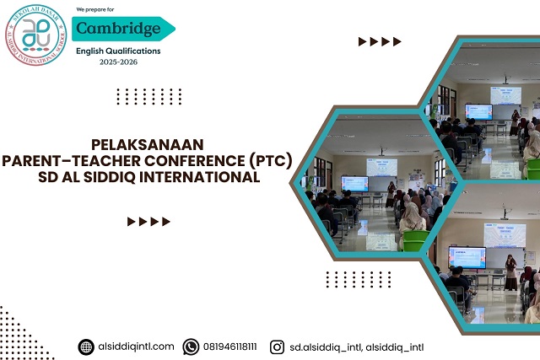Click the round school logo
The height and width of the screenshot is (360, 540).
pos(35,35)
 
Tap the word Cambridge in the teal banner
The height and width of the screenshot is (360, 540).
pos(118,29)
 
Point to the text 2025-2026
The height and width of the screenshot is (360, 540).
pos(118,62)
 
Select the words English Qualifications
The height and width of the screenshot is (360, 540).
pos(118,51)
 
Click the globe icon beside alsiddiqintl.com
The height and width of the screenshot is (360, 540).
pos(86,347)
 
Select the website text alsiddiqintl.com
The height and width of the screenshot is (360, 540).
pos(136,347)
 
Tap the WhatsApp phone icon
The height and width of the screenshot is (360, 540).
pos(192,347)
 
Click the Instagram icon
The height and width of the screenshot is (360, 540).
pos(277,347)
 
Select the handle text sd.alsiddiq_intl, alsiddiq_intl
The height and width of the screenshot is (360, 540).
pos(356,347)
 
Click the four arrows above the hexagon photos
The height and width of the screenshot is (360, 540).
pos(380,41)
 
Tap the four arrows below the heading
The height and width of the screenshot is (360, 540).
pos(148,222)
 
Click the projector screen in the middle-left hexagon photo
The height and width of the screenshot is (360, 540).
pos(354,183)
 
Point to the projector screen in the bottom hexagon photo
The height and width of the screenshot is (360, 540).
pos(467,256)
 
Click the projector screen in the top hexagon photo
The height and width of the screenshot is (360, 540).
pos(478,111)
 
